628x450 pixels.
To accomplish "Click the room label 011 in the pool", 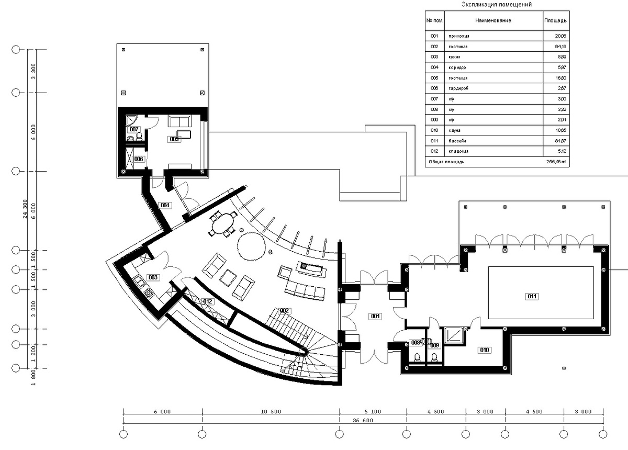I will coord(532,297).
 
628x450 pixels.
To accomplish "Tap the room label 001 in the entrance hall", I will coord(375,316).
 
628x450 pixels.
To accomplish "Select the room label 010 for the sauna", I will coord(484,350).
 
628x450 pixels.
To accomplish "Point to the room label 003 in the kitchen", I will coord(153,277).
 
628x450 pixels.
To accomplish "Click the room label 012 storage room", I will coord(208,301).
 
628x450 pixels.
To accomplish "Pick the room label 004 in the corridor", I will coord(165,205).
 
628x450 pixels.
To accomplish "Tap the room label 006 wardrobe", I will coord(138,159).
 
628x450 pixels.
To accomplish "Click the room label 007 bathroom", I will coord(134,129).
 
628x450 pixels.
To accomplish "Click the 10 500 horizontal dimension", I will coord(270,412).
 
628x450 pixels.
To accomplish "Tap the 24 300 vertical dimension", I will coord(25,209).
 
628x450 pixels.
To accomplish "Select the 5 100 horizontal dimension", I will coord(373,412).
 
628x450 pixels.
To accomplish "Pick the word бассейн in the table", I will coord(457,141).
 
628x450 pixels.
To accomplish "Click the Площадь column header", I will coord(555,20).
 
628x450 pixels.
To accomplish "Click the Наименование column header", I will coord(493,20).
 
